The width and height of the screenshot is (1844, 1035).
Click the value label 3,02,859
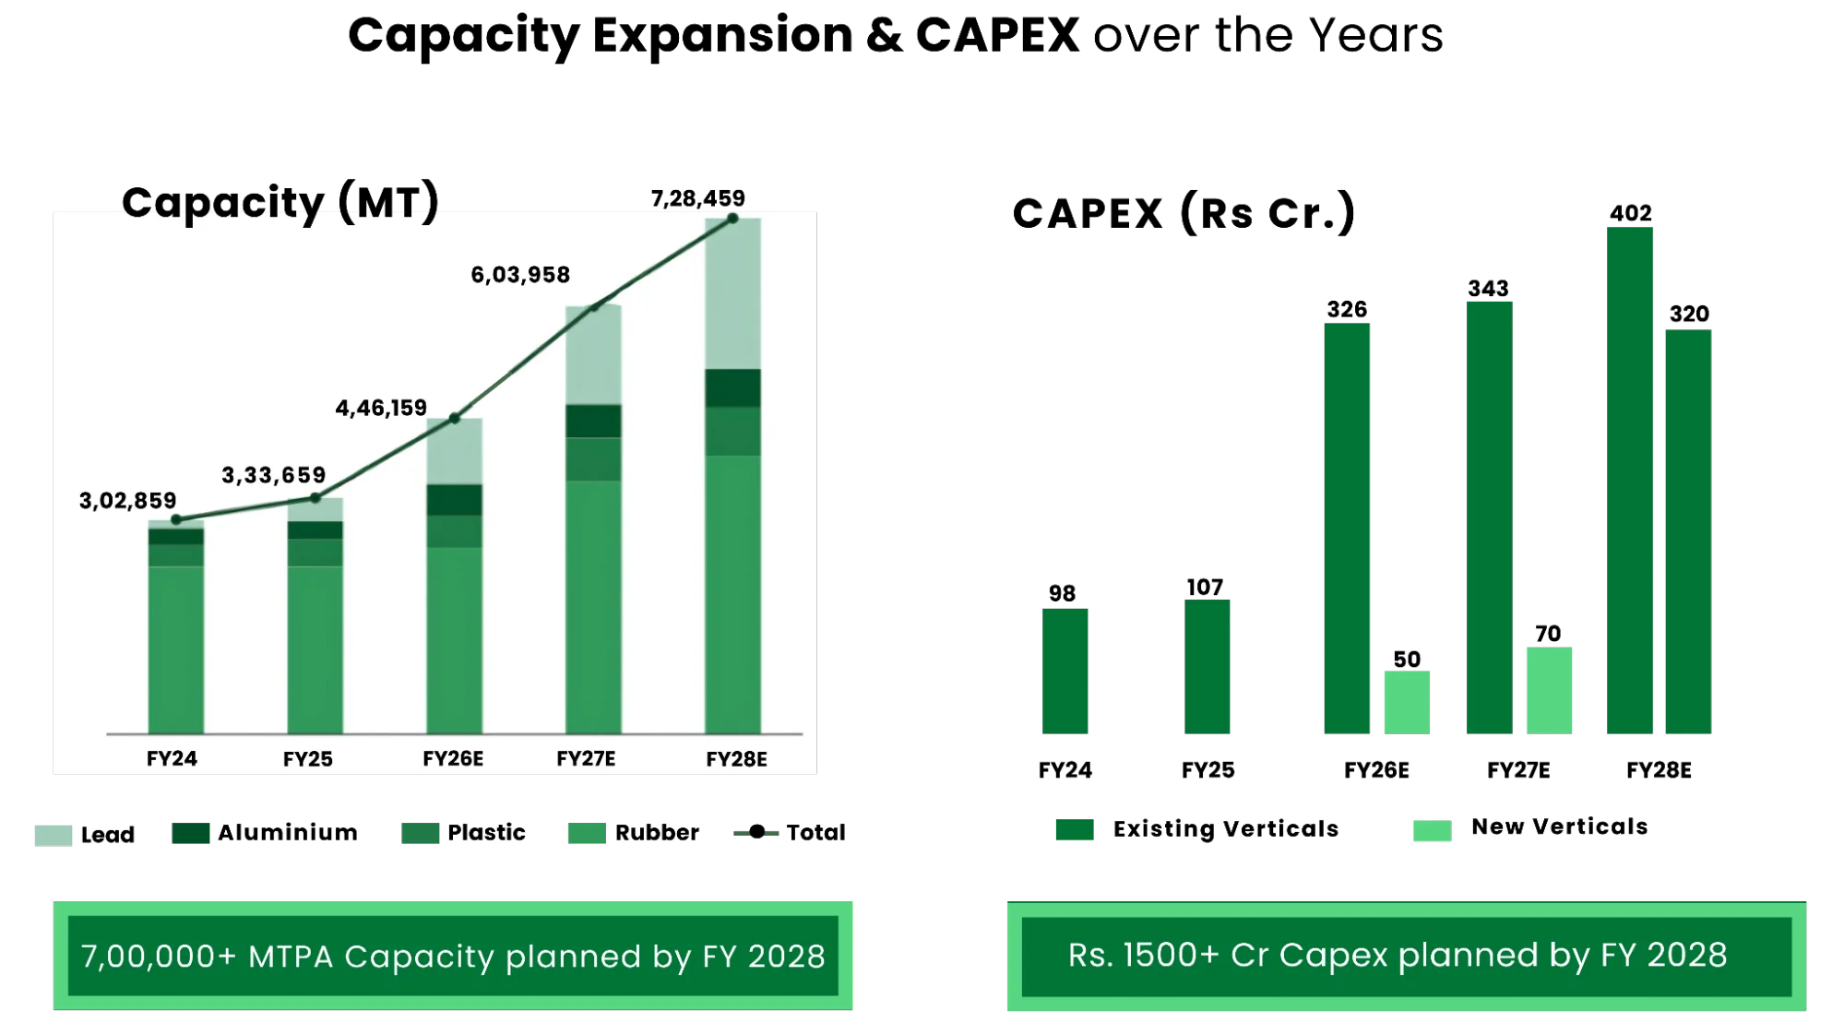pyautogui.click(x=127, y=501)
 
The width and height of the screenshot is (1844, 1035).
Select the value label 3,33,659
pyautogui.click(x=273, y=475)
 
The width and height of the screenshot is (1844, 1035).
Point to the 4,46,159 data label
pyautogui.click(x=381, y=408)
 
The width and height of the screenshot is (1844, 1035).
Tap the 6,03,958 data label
pyautogui.click(x=520, y=275)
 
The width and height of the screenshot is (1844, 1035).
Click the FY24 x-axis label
pyautogui.click(x=172, y=759)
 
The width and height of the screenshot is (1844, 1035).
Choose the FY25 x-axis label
pyautogui.click(x=307, y=759)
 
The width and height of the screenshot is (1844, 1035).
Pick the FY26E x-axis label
pyautogui.click(x=452, y=759)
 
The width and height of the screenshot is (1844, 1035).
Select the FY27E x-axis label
pyautogui.click(x=586, y=759)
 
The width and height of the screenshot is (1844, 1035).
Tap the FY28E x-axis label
pyautogui.click(x=736, y=759)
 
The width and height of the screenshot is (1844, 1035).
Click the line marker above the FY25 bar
pyautogui.click(x=315, y=498)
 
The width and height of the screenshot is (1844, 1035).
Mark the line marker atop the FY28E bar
pyautogui.click(x=732, y=219)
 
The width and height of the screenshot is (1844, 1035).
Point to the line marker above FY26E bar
pyautogui.click(x=455, y=419)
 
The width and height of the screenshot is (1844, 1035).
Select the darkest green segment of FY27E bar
pyautogui.click(x=593, y=421)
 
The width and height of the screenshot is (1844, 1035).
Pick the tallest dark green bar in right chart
pyautogui.click(x=1629, y=480)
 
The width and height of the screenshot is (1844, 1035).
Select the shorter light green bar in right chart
pyautogui.click(x=1406, y=702)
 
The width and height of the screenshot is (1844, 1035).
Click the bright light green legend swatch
pyautogui.click(x=1431, y=832)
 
